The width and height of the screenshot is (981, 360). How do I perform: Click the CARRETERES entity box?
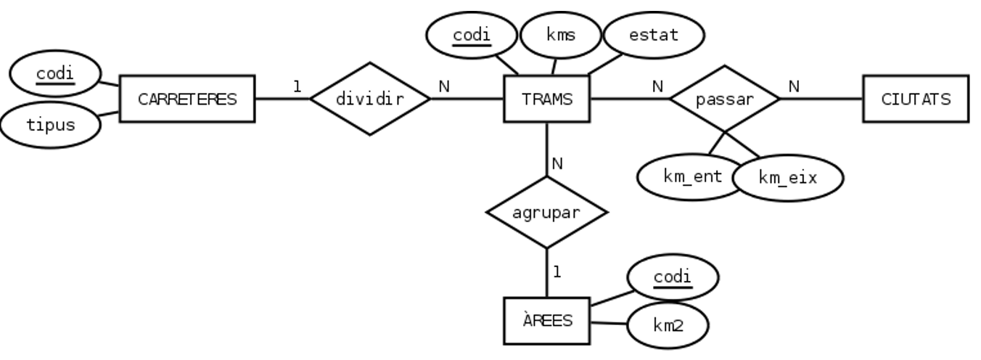[186, 99]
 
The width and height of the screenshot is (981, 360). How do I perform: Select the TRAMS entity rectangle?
[547, 99]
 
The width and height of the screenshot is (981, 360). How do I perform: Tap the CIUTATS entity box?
[916, 99]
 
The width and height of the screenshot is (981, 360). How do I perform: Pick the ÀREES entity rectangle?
[547, 320]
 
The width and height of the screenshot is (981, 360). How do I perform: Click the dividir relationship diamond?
[370, 99]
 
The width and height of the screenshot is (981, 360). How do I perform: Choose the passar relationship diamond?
[724, 99]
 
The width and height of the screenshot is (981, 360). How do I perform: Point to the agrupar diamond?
[546, 213]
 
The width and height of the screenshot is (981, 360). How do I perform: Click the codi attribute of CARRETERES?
[54, 74]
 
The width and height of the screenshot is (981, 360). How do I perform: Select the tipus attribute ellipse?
[50, 124]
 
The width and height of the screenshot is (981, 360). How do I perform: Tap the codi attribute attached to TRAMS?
[471, 35]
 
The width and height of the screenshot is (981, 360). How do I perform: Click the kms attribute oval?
[561, 34]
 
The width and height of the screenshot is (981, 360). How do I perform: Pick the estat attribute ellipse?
[653, 34]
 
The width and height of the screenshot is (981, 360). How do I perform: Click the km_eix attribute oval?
[787, 177]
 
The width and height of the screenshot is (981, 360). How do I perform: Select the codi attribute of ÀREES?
[672, 277]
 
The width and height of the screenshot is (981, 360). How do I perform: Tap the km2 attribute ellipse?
[668, 325]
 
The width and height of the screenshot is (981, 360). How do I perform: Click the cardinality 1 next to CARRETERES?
[297, 86]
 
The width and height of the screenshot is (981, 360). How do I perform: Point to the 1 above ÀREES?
[557, 272]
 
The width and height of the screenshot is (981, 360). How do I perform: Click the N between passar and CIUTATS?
[794, 86]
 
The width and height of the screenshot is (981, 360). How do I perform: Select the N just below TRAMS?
[557, 164]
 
